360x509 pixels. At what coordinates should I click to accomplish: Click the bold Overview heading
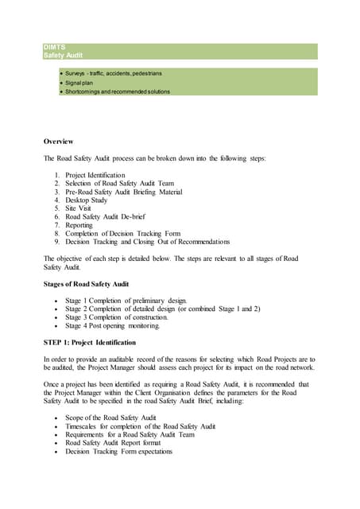[x=58, y=141]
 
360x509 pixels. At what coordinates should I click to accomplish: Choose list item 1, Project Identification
[x=95, y=175]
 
